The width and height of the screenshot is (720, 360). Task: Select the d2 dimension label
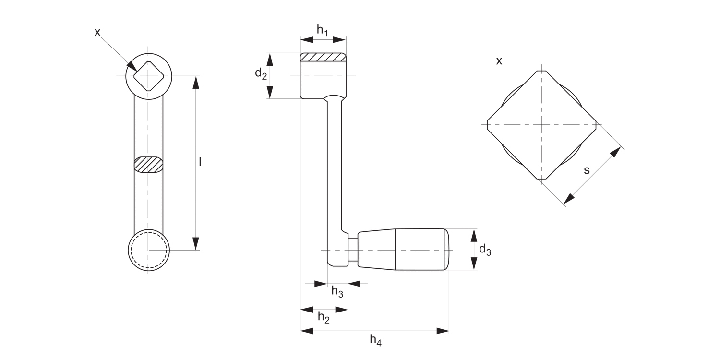pos(261,73)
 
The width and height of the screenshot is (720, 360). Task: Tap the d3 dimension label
pos(485,250)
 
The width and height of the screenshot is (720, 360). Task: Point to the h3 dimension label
pos(337,291)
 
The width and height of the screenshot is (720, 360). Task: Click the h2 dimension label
pos(324,318)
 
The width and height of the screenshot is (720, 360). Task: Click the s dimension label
pos(587,170)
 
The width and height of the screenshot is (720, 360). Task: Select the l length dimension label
pos(200,162)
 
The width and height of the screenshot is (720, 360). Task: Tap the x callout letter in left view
pos(97,32)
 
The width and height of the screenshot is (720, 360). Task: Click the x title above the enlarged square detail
pos(499,61)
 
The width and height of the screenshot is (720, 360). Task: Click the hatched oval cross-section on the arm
pos(148,164)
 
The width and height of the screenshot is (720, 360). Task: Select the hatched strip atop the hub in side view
pos(323,57)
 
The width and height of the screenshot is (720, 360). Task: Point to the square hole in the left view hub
pos(148,76)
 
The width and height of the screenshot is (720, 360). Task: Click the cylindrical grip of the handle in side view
pos(421,250)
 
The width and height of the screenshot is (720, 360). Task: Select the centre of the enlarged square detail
pos(541,124)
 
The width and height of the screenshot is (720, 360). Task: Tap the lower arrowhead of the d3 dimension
pos(474,264)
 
